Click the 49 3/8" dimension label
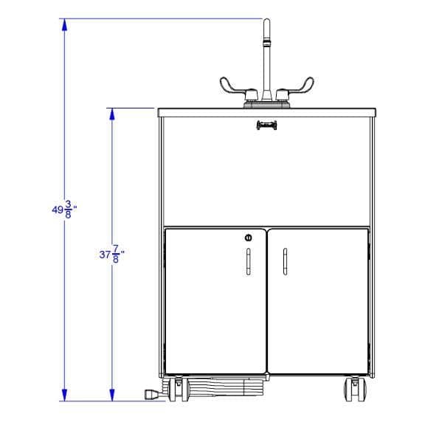(64, 210)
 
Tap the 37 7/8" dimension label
(112, 254)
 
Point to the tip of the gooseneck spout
(266, 19)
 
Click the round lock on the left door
(248, 238)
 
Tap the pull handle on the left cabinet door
(248, 261)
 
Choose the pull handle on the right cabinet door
(285, 261)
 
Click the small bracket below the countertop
(266, 125)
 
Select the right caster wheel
(355, 390)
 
